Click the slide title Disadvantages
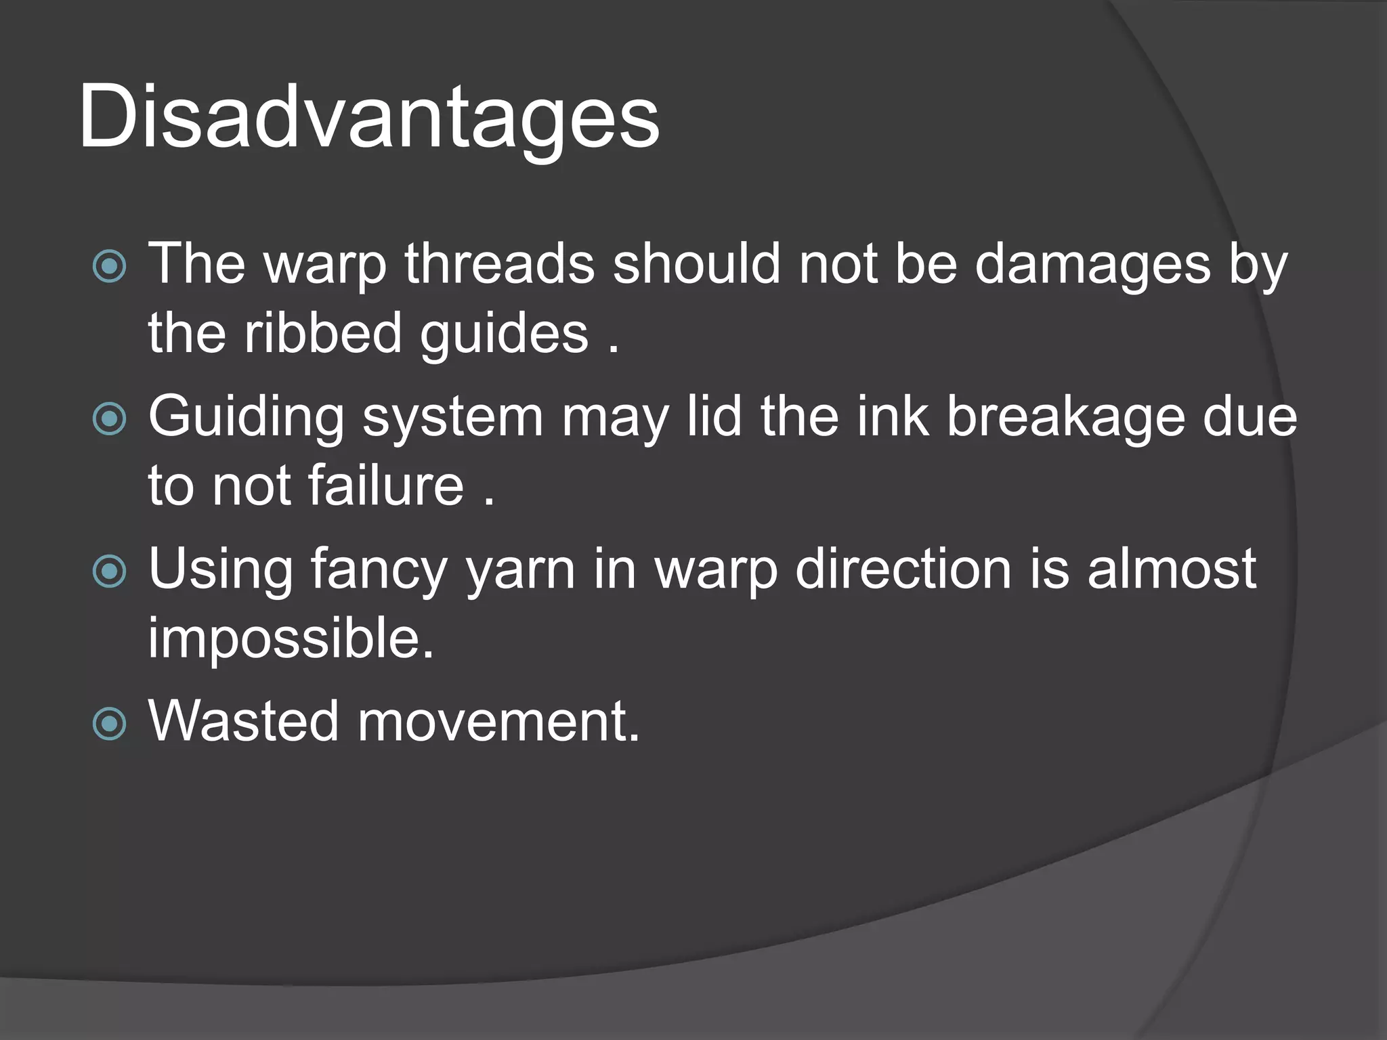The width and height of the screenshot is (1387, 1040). point(369,117)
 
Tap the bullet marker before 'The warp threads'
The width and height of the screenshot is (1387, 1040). point(109,265)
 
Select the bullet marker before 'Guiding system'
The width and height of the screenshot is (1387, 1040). point(109,418)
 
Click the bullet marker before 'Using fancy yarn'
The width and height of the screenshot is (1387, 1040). point(109,570)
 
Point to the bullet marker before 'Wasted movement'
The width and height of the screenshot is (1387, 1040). point(109,722)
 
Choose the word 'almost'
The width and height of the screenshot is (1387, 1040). point(1172,568)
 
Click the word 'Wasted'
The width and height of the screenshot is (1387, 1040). point(243,720)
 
